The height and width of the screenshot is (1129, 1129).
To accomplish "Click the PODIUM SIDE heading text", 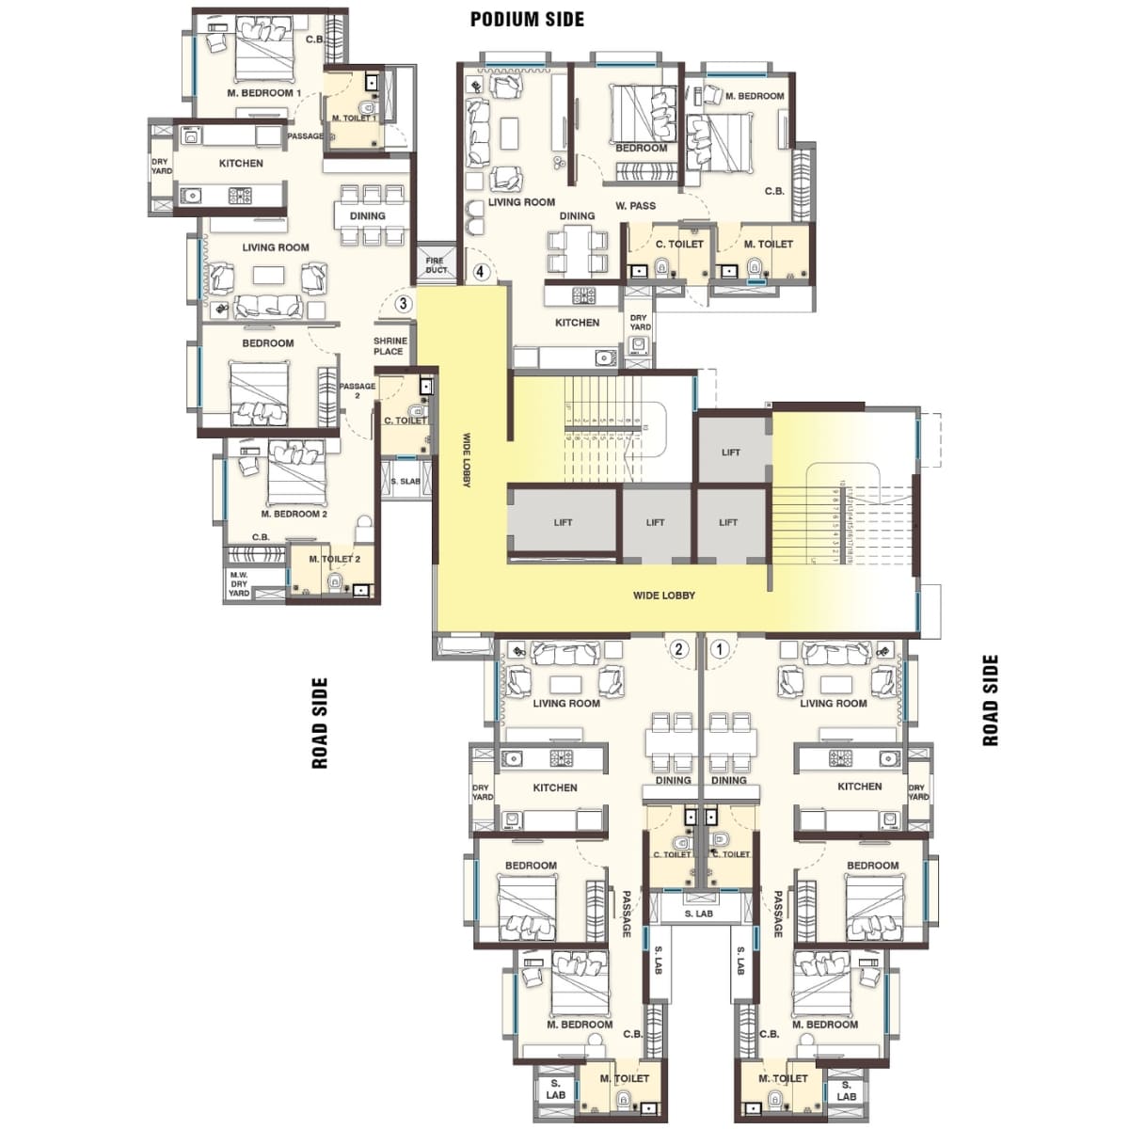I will (527, 19).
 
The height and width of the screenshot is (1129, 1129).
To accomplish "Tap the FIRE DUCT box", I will (436, 264).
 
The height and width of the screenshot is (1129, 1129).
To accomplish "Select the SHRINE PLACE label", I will (389, 346).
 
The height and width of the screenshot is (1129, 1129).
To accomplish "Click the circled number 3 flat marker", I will (403, 304).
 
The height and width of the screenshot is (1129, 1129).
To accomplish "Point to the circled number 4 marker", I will (481, 273).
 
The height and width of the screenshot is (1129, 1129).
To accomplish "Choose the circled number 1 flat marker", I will (720, 649).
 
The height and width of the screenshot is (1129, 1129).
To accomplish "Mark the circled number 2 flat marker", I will (678, 649).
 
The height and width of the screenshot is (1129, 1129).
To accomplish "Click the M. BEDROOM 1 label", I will (263, 93).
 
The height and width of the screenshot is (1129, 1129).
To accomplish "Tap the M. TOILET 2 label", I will (334, 559).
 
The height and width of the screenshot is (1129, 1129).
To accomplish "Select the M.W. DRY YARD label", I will (239, 584).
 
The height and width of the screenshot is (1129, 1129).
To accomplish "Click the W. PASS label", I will (636, 206).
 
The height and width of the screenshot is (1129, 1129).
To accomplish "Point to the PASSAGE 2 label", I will (358, 390).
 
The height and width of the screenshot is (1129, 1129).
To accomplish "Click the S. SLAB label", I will (405, 482).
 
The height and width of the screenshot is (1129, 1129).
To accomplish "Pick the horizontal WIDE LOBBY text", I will (664, 596).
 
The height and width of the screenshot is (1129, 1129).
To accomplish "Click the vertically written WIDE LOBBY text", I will (467, 460).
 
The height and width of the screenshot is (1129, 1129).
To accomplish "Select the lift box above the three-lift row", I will (731, 452).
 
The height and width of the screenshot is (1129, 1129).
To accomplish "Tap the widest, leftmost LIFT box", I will (563, 523).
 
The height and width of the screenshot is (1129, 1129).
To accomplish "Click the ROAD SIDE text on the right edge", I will (990, 701).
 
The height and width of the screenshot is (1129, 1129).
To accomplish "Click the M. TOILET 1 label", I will (354, 119).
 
